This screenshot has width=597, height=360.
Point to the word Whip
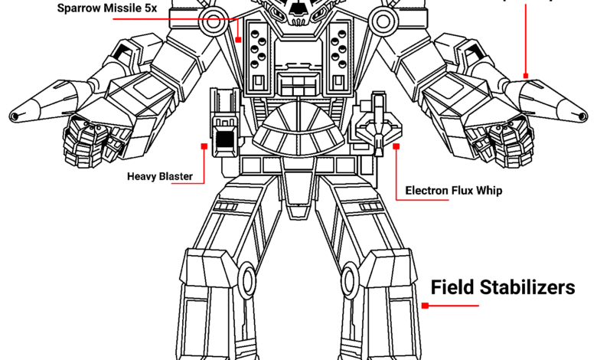click(488, 191)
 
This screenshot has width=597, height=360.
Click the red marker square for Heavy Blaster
click(204, 145)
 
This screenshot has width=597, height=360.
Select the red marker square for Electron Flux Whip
click(396, 145)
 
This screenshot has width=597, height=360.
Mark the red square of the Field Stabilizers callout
click(426, 306)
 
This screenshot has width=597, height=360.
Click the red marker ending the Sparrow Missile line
click(239, 38)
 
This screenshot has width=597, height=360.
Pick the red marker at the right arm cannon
click(525, 76)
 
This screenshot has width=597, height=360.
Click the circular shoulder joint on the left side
click(212, 24)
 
